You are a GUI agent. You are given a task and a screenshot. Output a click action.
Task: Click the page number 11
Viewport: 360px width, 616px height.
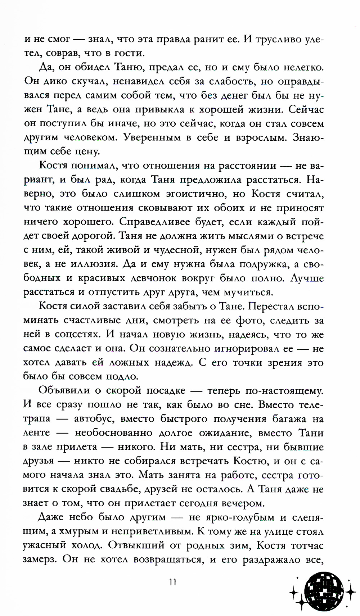[172, 582]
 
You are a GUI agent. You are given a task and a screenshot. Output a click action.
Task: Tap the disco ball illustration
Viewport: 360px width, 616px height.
[323, 589]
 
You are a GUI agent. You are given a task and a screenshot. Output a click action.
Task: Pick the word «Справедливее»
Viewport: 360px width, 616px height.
[154, 222]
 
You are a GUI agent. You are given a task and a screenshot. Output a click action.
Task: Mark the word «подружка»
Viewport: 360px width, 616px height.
[255, 264]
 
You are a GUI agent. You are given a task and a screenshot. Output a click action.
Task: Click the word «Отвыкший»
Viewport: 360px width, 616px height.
[136, 545]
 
